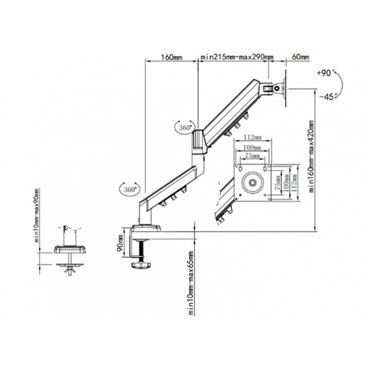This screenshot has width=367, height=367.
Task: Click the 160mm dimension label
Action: [x=172, y=58]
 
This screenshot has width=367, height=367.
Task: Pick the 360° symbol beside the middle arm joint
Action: [x=185, y=128]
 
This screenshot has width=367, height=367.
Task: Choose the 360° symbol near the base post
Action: [x=128, y=189]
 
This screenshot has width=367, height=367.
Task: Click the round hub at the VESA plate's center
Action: [x=253, y=183]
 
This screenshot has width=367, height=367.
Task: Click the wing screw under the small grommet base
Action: [x=70, y=272]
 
